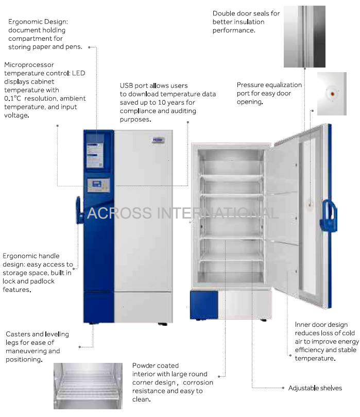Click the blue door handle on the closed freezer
(79, 210)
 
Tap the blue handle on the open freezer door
(329, 216)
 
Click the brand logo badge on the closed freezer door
(158, 140)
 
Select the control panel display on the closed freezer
(98, 185)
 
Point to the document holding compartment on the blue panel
(95, 155)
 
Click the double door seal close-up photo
(304, 37)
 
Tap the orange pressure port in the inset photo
(332, 94)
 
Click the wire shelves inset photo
(88, 386)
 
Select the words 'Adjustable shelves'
(315, 388)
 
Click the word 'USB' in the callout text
(126, 86)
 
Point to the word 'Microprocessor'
(29, 64)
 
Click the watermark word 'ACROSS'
(119, 213)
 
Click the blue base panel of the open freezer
(204, 305)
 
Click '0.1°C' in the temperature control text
(12, 98)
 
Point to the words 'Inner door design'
(321, 325)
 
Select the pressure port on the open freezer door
(310, 205)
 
